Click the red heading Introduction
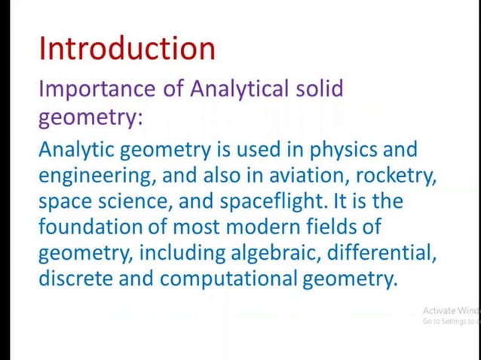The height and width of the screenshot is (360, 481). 127,48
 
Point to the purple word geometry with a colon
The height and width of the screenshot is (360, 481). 91,117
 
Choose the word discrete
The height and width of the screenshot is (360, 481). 75,279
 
